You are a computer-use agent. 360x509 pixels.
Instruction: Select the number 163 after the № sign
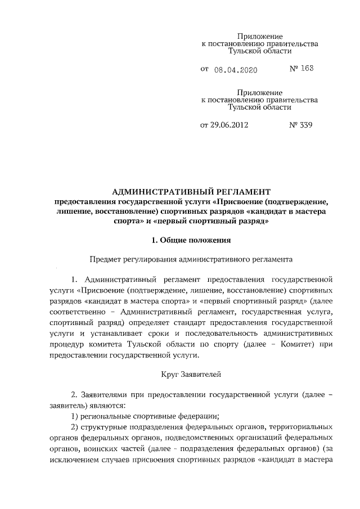[x=307, y=69]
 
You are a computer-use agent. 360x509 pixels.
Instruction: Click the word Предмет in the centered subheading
[x=105, y=260]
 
